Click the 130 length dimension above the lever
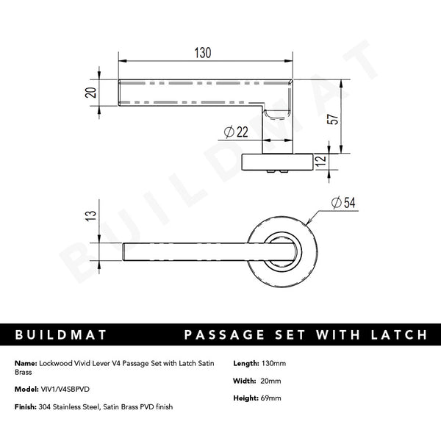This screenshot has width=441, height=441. (203, 53)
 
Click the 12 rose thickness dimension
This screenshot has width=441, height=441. (319, 162)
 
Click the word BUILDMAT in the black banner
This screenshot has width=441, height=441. (61, 335)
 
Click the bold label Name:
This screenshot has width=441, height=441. (26, 363)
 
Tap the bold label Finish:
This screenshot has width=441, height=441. (26, 407)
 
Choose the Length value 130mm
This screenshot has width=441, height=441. (273, 363)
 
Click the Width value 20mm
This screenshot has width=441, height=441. (270, 381)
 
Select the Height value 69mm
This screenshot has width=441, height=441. (272, 398)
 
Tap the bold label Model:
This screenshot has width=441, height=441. (26, 390)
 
